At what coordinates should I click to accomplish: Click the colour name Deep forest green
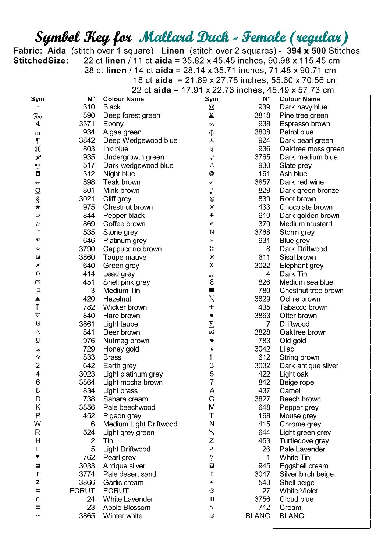pyautogui.click(x=131, y=115)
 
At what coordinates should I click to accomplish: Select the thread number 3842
pyautogui.click(x=87, y=140)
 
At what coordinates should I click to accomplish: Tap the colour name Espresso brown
pyautogui.click(x=305, y=124)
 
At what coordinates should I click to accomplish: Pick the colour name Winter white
pyautogui.click(x=123, y=516)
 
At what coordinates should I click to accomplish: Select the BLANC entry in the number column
pyautogui.click(x=258, y=516)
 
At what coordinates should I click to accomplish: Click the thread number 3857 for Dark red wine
pyautogui.click(x=262, y=182)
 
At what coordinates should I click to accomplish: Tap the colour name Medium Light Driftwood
pyautogui.click(x=140, y=424)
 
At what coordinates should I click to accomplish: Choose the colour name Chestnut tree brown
pyautogui.click(x=311, y=291)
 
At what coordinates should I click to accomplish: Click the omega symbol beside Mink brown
pyautogui.click(x=38, y=191)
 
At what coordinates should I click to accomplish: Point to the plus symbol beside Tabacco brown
pyautogui.click(x=212, y=307)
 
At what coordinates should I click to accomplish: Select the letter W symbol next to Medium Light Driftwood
pyautogui.click(x=38, y=424)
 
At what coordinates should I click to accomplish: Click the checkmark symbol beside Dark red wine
pyautogui.click(x=212, y=182)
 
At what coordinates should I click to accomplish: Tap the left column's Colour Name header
pyautogui.click(x=123, y=99)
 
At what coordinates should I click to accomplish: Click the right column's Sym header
pyautogui.click(x=212, y=99)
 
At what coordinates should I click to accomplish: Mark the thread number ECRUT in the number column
pyautogui.click(x=82, y=491)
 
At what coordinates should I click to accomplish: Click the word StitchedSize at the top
pyautogui.click(x=41, y=61)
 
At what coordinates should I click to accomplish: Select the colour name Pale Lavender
pyautogui.click(x=302, y=449)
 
